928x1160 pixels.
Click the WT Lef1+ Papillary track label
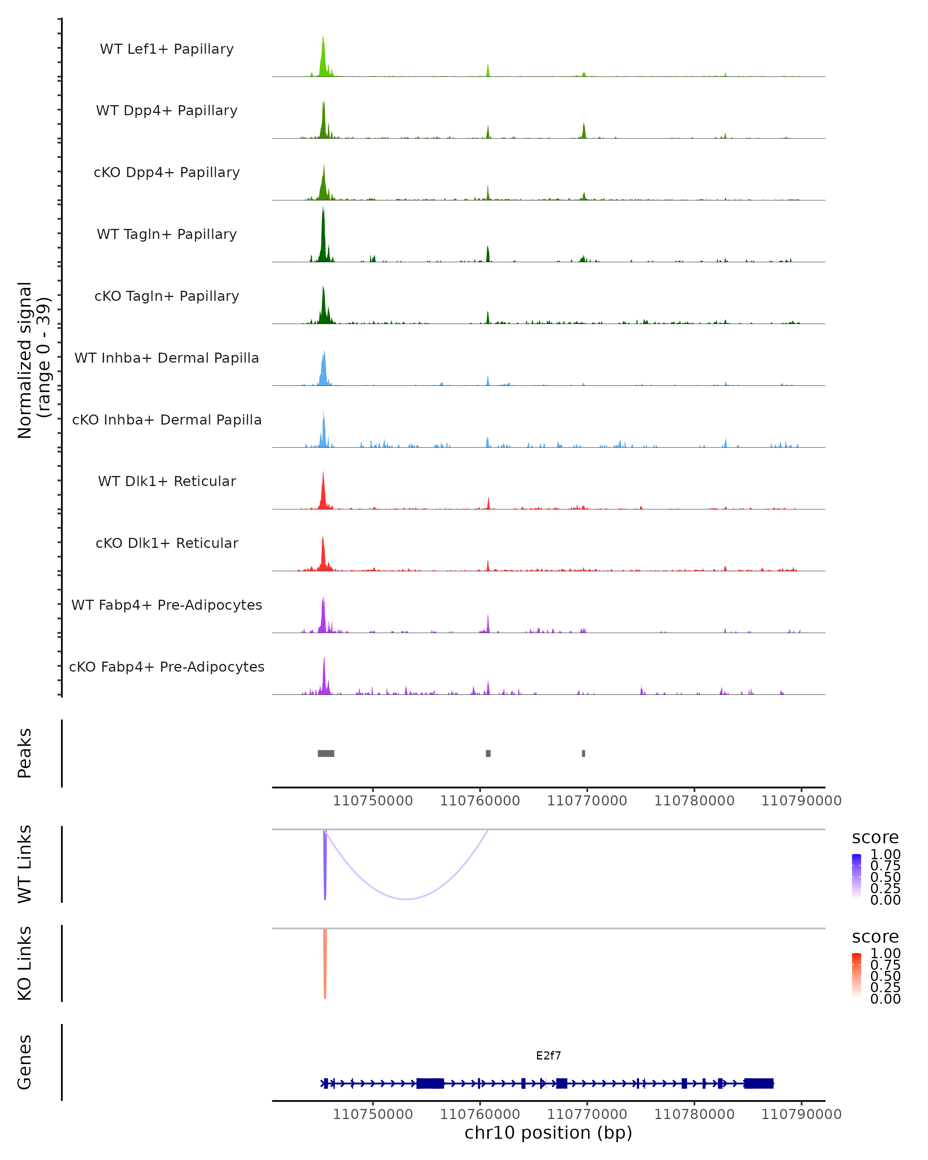point(167,49)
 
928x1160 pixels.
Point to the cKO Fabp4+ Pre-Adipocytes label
point(167,667)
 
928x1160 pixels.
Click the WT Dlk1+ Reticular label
point(167,481)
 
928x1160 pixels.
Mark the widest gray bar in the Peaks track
point(326,753)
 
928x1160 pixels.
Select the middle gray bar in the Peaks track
point(488,753)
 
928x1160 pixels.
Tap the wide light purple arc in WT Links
point(407,899)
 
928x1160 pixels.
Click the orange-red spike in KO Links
point(325,969)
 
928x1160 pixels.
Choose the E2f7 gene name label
point(548,1056)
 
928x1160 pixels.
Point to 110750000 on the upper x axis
point(373,801)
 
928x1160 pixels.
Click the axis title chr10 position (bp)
point(548,1133)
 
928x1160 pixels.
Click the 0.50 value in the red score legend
point(885,976)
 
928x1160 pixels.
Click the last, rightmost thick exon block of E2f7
point(759,1083)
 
